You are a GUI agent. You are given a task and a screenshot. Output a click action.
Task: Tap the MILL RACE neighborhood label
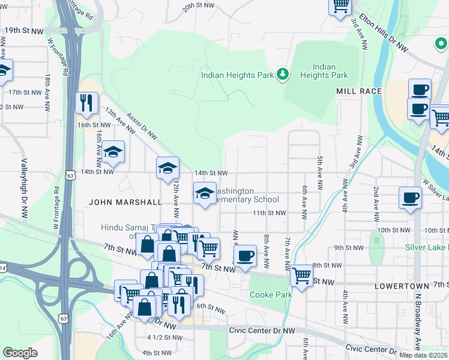359,91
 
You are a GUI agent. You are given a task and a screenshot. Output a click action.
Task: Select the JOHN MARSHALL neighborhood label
125,202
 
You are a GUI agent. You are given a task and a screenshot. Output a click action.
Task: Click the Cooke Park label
270,295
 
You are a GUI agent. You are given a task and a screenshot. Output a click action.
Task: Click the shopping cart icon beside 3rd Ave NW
340,5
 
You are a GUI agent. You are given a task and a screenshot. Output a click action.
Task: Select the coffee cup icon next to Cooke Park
244,256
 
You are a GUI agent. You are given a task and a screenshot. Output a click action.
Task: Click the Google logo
20,352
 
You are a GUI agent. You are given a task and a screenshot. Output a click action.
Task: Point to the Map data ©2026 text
423,355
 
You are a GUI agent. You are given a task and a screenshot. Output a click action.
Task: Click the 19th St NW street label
22,30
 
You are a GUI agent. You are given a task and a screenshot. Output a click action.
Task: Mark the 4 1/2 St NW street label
164,337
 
